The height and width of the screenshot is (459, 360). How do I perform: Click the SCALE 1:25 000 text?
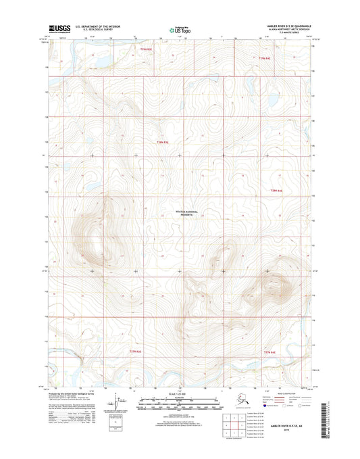coord(179,394)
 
